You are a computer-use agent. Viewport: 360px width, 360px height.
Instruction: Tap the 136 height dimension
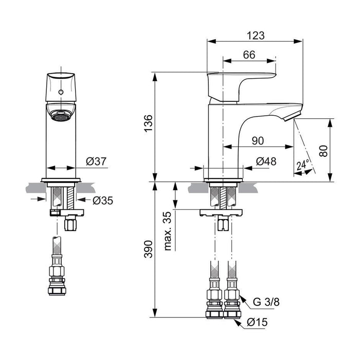[148, 125]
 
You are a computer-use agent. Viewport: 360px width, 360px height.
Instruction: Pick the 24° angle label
[303, 165]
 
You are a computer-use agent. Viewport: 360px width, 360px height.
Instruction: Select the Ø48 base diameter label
[266, 161]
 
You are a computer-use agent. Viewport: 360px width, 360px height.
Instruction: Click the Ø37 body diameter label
[96, 161]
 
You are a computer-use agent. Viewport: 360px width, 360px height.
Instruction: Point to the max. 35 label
[167, 231]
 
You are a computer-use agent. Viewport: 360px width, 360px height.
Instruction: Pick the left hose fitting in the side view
[214, 303]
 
